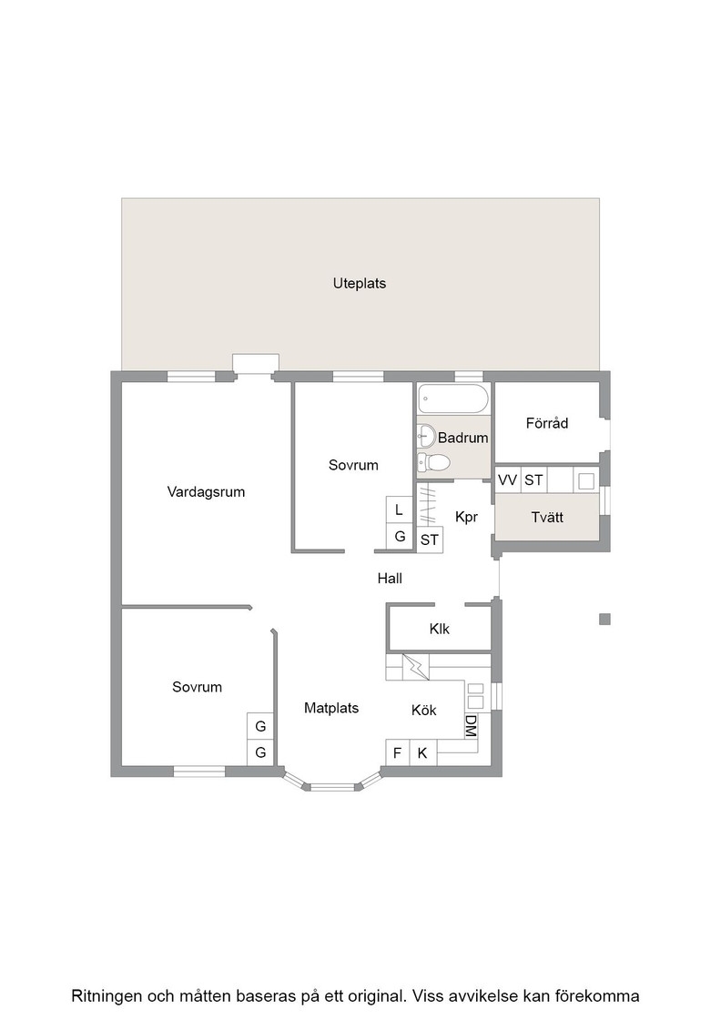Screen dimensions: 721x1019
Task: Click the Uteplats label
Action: pyautogui.click(x=360, y=283)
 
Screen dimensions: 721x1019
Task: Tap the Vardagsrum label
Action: pyautogui.click(x=206, y=492)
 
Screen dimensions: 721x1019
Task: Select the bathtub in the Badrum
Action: pyautogui.click(x=453, y=399)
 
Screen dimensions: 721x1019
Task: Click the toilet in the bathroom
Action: pyautogui.click(x=433, y=462)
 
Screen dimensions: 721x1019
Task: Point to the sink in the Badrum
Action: pyautogui.click(x=426, y=436)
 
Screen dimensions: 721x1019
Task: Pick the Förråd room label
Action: pyautogui.click(x=547, y=423)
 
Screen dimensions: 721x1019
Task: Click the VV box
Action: pyautogui.click(x=508, y=480)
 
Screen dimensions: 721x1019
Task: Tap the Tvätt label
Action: pyautogui.click(x=547, y=518)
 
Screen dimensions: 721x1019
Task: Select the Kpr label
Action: pyautogui.click(x=467, y=518)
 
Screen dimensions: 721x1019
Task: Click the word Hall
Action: pyautogui.click(x=390, y=579)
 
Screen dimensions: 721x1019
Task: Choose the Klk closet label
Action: pyautogui.click(x=440, y=629)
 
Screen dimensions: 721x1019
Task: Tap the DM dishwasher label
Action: pyautogui.click(x=471, y=726)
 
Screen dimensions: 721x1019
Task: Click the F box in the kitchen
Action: pyautogui.click(x=398, y=752)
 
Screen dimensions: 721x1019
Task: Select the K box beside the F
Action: pyautogui.click(x=422, y=752)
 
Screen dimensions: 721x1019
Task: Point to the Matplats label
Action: pyautogui.click(x=331, y=709)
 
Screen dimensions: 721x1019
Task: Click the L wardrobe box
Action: pyautogui.click(x=399, y=510)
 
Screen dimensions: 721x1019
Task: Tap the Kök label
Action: pyautogui.click(x=424, y=711)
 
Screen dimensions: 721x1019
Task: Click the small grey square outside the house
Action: pyautogui.click(x=604, y=620)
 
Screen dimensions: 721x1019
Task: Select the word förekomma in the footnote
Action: pyautogui.click(x=602, y=995)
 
